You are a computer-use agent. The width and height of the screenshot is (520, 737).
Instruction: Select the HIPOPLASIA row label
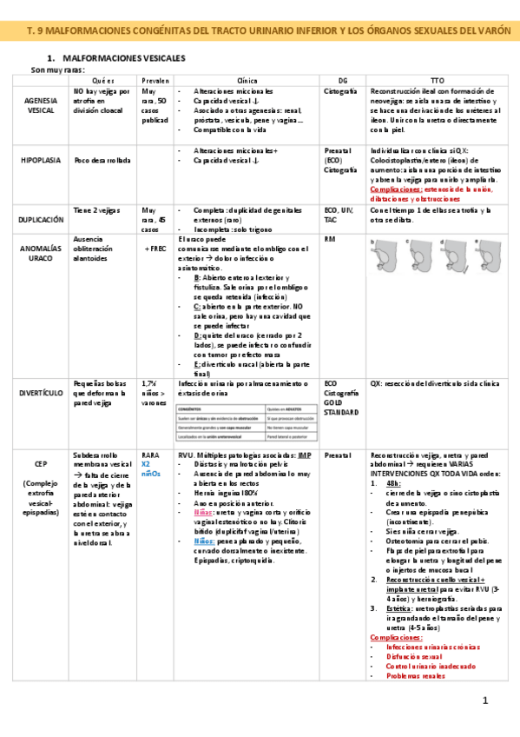pyautogui.click(x=41, y=160)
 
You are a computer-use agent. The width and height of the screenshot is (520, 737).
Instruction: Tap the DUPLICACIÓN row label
pyautogui.click(x=41, y=221)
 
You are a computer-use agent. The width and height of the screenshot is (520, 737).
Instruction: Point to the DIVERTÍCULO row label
pyautogui.click(x=41, y=392)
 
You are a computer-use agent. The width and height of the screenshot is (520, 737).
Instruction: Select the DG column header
pyautogui.click(x=341, y=79)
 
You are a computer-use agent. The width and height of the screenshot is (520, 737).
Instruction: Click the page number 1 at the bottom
pyautogui.click(x=486, y=700)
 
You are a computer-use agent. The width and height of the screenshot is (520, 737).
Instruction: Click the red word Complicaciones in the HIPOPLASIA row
pyautogui.click(x=396, y=189)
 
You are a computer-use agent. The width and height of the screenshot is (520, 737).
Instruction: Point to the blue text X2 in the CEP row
pyautogui.click(x=147, y=464)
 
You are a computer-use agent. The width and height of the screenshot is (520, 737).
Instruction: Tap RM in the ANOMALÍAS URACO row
pyautogui.click(x=329, y=238)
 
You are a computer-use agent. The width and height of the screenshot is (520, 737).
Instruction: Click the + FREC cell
pyautogui.click(x=154, y=249)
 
